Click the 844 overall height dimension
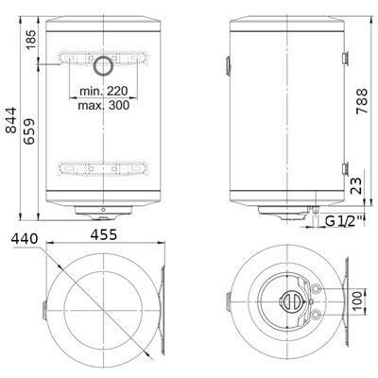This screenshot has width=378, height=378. click(x=11, y=120)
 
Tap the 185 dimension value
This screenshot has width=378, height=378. click(x=31, y=40)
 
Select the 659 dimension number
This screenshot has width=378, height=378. click(x=29, y=131)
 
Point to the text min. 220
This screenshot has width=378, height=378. click(x=104, y=91)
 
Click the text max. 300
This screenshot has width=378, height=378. click(x=104, y=105)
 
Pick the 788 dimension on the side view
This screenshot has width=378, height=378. click(x=362, y=101)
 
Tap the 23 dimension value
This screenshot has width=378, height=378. click(x=355, y=185)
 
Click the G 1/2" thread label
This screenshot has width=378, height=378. click(x=345, y=221)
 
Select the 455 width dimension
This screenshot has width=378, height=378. click(x=104, y=234)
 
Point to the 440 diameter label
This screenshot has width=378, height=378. click(x=25, y=239)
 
